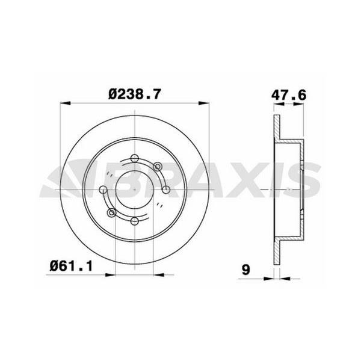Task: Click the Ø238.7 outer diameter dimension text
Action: point(137,94)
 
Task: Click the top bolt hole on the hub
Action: point(135,159)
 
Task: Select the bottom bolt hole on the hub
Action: point(135,221)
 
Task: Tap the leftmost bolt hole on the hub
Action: point(103,190)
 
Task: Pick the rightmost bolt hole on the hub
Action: point(166,190)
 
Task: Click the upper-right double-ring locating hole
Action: point(158,167)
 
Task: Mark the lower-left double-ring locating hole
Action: point(111,213)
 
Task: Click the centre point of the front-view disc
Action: point(135,190)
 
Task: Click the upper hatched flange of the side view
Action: point(277,128)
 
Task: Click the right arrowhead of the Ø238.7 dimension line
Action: point(208,104)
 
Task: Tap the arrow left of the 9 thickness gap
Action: point(269,279)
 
